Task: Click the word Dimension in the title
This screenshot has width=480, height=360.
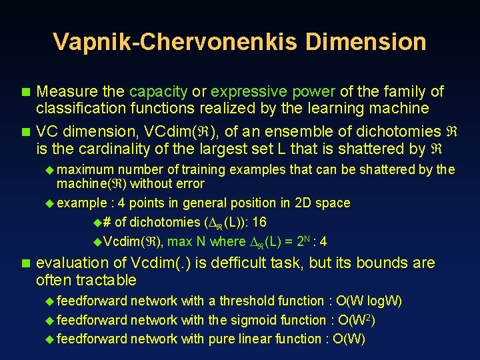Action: click(x=365, y=42)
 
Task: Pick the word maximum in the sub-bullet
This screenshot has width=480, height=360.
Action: click(x=85, y=170)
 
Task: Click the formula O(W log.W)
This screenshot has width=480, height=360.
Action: click(x=369, y=301)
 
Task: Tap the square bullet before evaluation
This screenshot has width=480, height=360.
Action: click(x=25, y=263)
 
